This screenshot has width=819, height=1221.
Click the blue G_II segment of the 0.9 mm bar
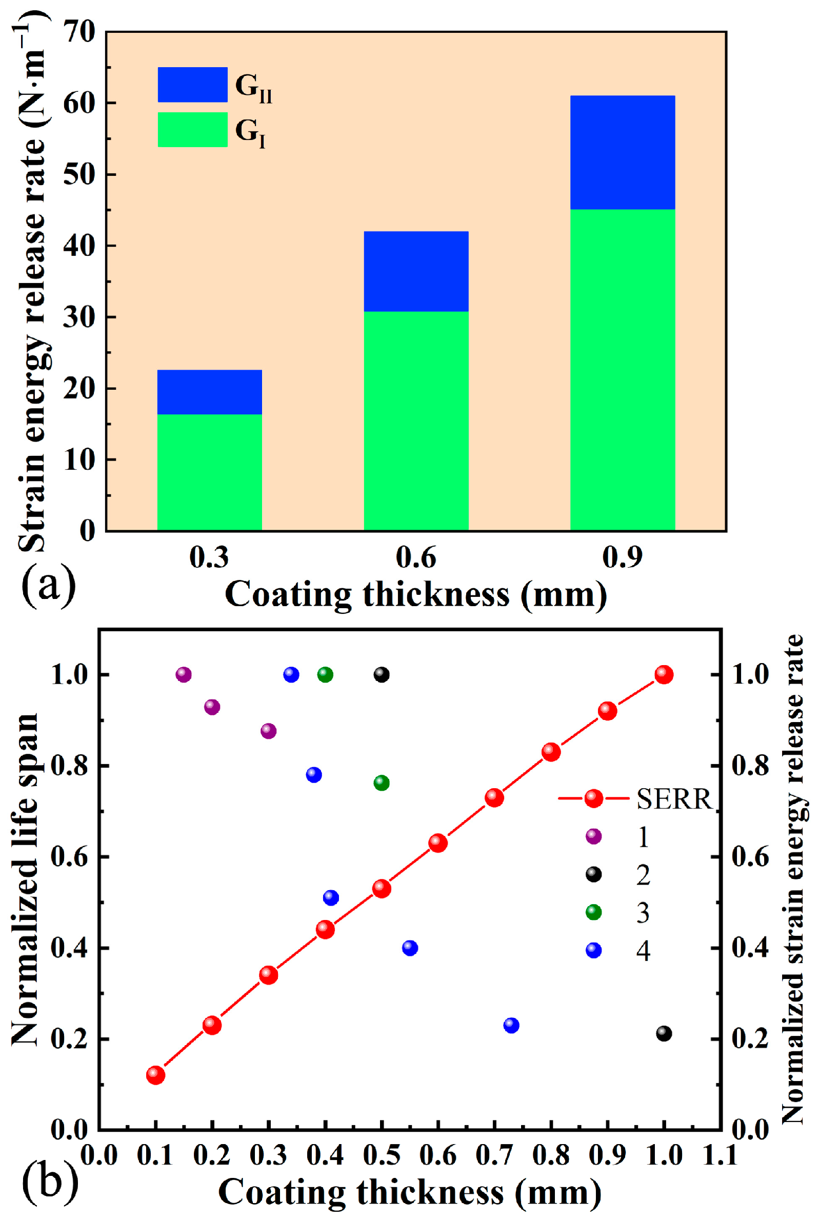point(622,152)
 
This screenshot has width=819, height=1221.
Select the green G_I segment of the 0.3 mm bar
point(209,472)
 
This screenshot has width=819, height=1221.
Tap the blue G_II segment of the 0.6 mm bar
point(416,271)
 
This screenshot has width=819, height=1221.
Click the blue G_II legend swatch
point(192,85)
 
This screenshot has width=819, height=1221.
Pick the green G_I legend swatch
point(192,130)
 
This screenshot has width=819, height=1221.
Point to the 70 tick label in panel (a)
point(79,32)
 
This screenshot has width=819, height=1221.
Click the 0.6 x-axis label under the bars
point(416,557)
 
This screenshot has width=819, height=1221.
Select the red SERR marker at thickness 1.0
point(663,675)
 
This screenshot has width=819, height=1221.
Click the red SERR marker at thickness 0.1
point(155,1075)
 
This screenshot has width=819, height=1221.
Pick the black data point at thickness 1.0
point(663,1033)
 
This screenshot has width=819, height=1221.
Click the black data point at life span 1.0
point(382,675)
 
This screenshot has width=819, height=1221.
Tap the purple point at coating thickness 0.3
point(268,731)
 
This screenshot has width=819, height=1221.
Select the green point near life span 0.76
point(382,783)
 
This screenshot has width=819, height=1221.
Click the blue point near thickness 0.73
point(511,1025)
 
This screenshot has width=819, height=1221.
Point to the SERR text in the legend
point(674,799)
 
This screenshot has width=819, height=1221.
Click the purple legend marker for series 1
point(593,836)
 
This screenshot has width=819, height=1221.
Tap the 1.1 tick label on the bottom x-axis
point(720,1155)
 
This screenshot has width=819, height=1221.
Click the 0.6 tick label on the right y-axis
point(751,857)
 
